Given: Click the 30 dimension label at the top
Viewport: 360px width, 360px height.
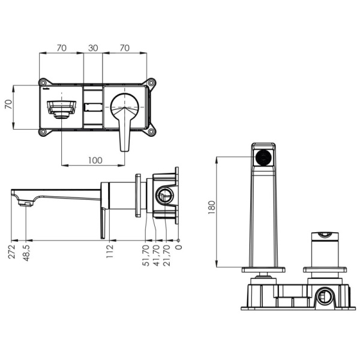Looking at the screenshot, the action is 93,48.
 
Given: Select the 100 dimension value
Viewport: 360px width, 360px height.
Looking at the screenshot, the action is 95,160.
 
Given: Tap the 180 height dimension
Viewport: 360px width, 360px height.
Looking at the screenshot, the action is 212,208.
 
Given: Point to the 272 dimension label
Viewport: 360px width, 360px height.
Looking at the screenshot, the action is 11,252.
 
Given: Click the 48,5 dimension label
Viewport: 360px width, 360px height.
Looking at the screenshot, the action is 26,253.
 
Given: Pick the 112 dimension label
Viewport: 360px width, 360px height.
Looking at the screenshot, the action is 110,251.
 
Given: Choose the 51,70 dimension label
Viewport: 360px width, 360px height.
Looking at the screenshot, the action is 146,256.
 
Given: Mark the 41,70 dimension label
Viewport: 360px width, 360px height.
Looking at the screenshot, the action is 156,256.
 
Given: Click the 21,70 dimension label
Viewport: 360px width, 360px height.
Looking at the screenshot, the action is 166,256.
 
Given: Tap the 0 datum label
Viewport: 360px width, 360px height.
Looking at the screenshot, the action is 179,247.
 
